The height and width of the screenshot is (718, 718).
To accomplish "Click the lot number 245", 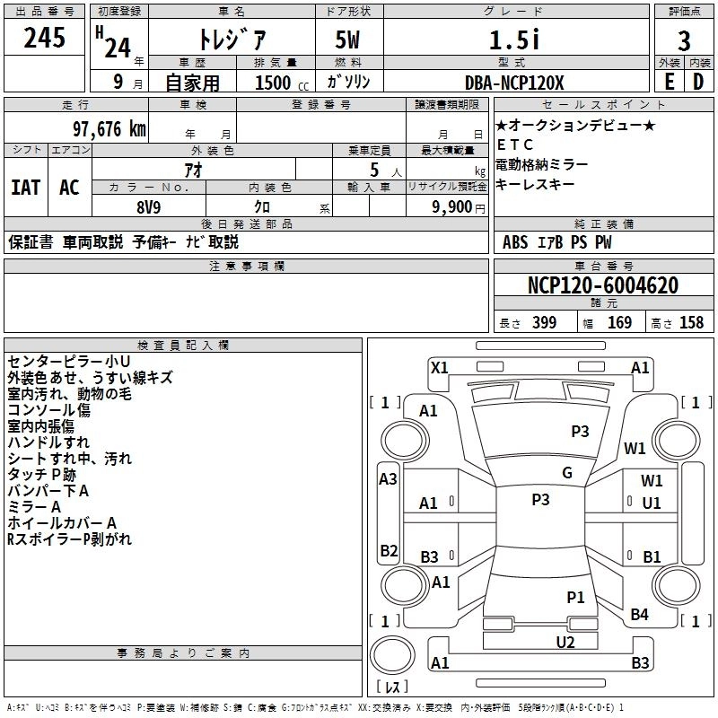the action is click(44, 39).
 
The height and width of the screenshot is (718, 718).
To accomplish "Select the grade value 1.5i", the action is click(513, 39).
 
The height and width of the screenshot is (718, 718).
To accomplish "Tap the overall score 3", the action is click(684, 40).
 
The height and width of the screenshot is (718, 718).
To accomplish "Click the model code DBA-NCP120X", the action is click(515, 83).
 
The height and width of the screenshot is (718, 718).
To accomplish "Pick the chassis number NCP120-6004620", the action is click(603, 285).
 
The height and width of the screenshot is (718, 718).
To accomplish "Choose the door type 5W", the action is click(348, 40).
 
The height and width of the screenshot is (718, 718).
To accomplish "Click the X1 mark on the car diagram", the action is click(440, 366).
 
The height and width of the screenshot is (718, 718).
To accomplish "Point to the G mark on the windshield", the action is click(567, 473).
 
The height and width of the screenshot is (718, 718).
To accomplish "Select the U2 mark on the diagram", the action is click(565, 641).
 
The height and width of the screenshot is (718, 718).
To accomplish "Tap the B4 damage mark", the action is click(639, 614).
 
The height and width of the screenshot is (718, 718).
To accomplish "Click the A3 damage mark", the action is click(388, 479).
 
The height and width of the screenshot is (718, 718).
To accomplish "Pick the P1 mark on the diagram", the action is click(575, 596).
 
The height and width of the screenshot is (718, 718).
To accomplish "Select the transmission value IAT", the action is click(25, 188).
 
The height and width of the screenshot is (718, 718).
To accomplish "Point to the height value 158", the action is click(691, 323).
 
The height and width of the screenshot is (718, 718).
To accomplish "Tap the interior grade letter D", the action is click(698, 83).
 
